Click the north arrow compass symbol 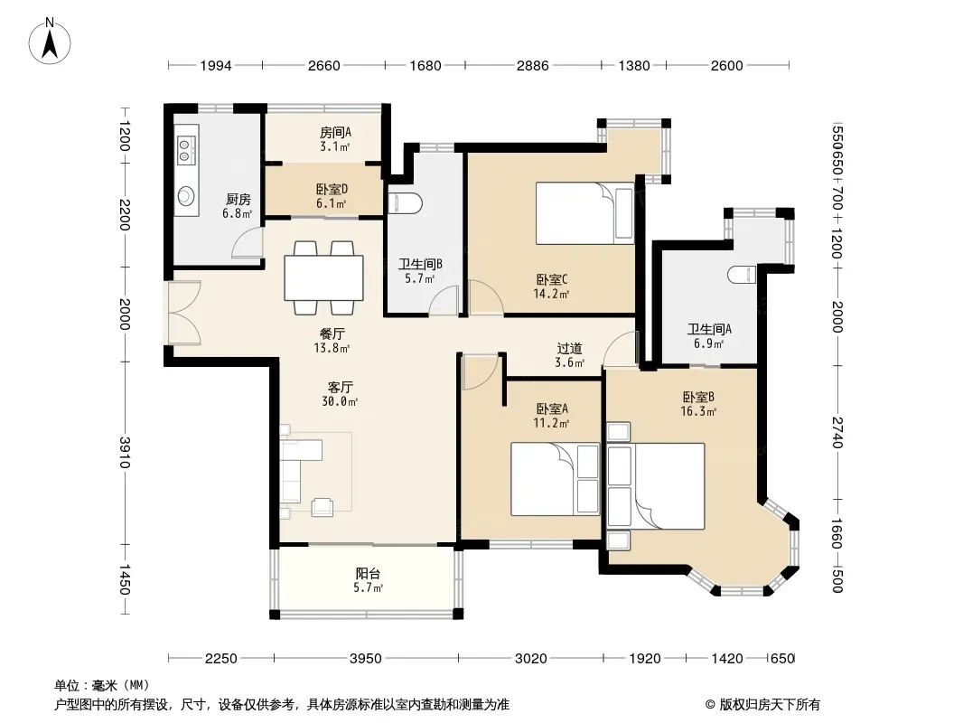[x=50, y=42]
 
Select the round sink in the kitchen [x=185, y=197]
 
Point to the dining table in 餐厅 [x=323, y=277]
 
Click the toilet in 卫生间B [x=406, y=203]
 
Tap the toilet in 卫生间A [x=742, y=275]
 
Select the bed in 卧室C [x=584, y=213]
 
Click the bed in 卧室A [x=555, y=479]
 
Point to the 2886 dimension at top [x=532, y=65]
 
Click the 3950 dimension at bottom [x=366, y=659]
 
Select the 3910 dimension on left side [x=125, y=452]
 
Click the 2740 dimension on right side [x=837, y=433]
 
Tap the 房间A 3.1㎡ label [x=335, y=139]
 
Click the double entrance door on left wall [x=183, y=313]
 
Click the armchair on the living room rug [x=323, y=507]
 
